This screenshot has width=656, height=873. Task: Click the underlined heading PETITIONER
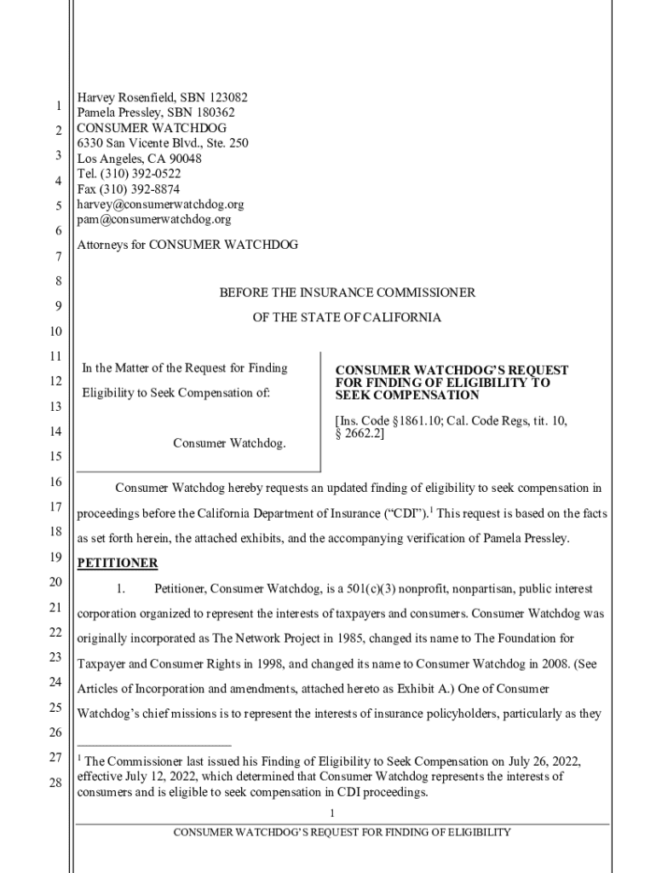click(118, 564)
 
